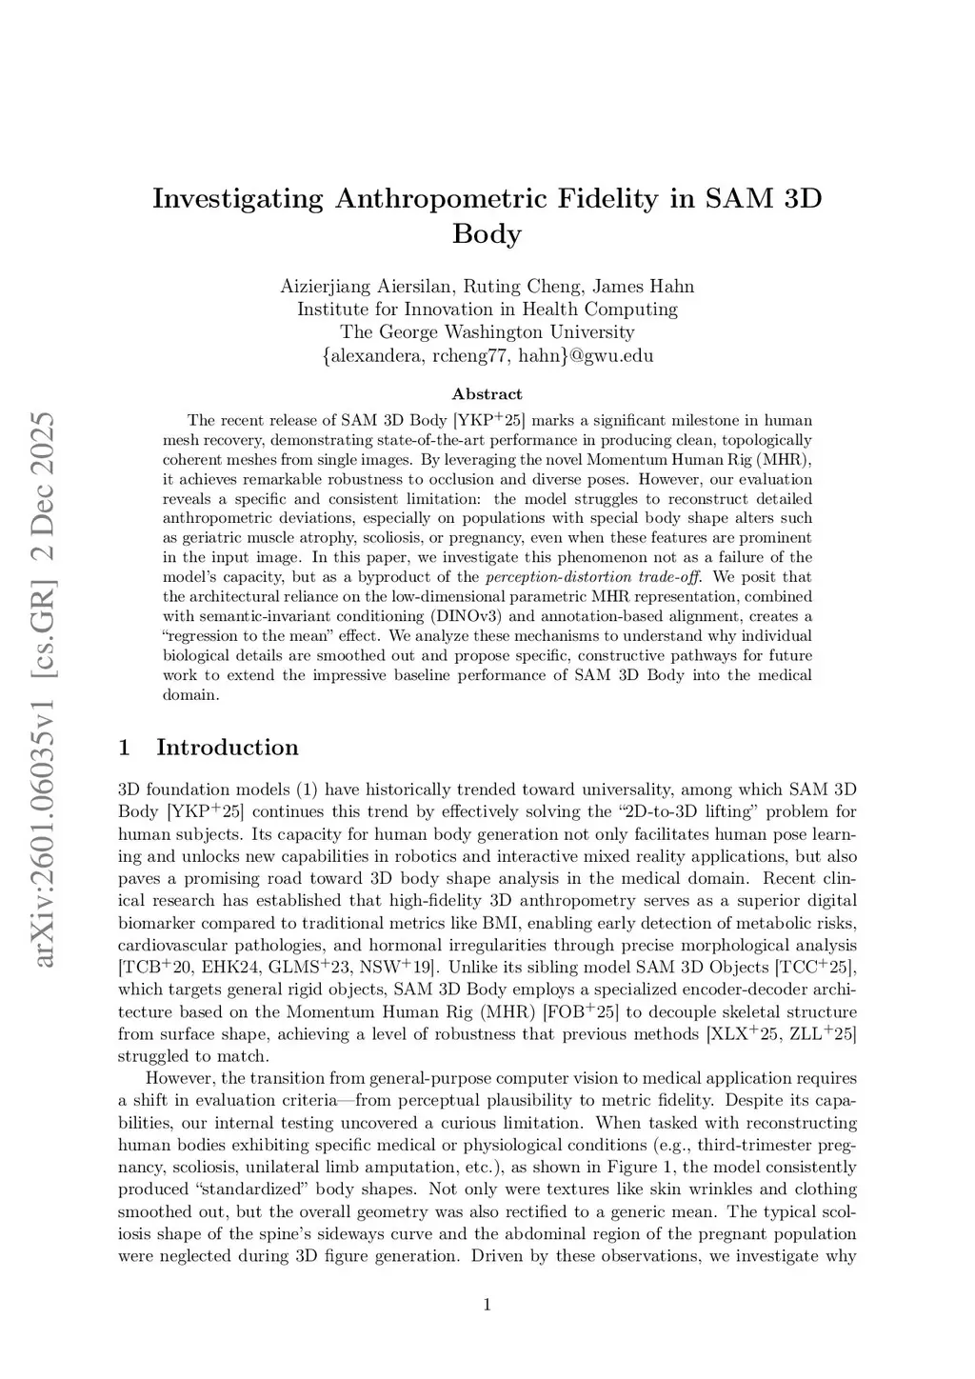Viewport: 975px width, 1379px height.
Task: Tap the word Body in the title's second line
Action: (487, 234)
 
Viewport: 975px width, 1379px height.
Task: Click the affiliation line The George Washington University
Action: (487, 332)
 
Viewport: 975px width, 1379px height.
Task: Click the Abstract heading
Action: (487, 394)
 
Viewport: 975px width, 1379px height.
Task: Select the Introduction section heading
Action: (227, 748)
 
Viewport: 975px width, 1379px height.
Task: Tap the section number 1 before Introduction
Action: (124, 748)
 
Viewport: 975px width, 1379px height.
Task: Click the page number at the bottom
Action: (487, 1305)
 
